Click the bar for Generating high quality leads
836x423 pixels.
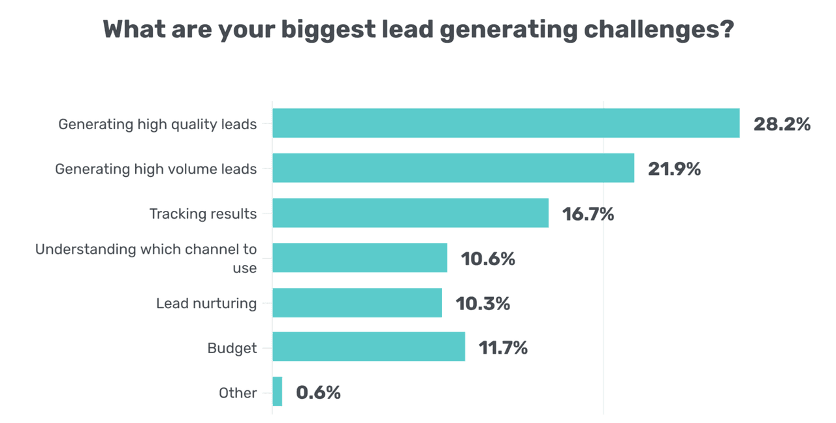[x=506, y=123]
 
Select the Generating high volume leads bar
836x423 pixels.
[x=453, y=168]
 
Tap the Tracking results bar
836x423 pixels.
[x=410, y=213]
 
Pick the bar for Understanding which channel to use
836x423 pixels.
[x=360, y=258]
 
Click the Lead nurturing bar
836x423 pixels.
[x=357, y=303]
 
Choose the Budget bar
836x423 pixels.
[x=368, y=347]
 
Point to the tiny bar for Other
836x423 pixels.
[x=278, y=392]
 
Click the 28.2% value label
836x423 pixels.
[x=782, y=124]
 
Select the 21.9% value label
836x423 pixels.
[x=674, y=169]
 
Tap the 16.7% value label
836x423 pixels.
[x=588, y=214]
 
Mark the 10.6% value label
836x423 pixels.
[x=488, y=259]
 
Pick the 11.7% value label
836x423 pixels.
[x=503, y=348]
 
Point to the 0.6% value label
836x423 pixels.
[x=318, y=392]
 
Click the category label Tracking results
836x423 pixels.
[x=203, y=213]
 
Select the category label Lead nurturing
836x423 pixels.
[x=206, y=303]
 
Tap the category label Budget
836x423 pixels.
[x=232, y=348]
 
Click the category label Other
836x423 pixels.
[x=238, y=392]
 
